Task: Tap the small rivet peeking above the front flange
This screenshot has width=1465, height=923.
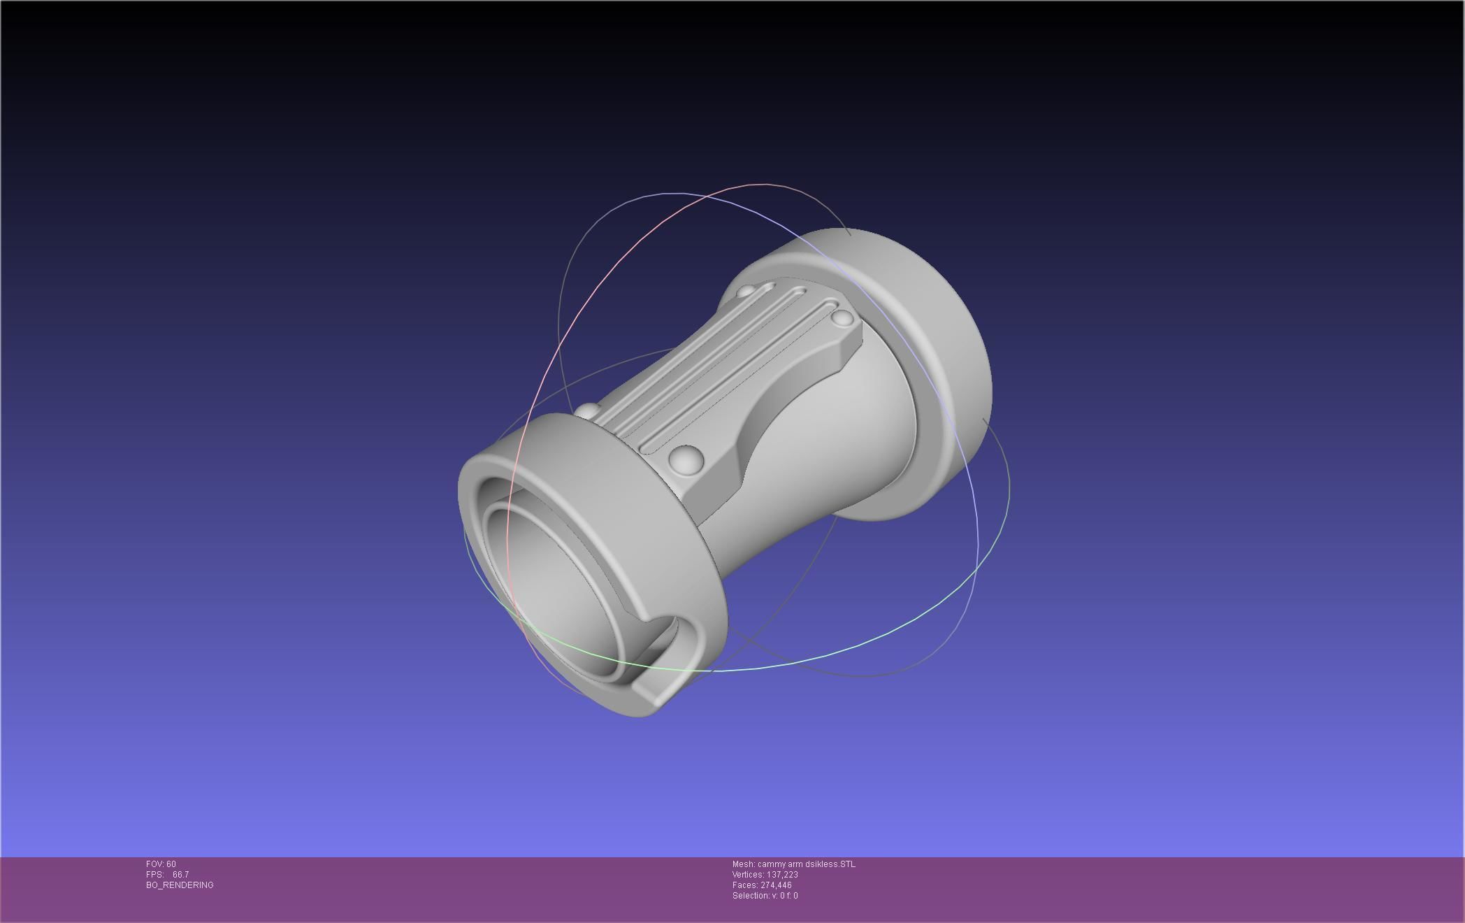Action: coord(587,411)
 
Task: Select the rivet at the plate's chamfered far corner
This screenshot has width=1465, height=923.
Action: coord(843,319)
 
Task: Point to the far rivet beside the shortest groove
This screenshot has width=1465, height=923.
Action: coord(746,289)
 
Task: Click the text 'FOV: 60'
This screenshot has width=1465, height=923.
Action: coord(161,864)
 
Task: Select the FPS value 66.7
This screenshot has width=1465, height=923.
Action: coord(180,875)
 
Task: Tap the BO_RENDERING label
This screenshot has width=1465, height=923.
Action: coord(180,885)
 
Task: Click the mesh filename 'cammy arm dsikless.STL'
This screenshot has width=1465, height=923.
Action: coord(806,864)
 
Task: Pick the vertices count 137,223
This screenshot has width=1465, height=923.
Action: coord(782,875)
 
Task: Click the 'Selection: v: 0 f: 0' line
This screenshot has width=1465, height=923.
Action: coord(765,896)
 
